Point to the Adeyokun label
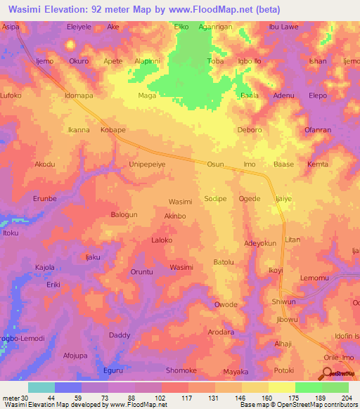tap(260, 243)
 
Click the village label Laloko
tap(162, 240)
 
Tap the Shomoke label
tap(181, 370)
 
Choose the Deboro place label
tap(250, 130)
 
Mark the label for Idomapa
tap(79, 95)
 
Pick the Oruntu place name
tap(146, 272)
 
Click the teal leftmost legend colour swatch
tap(41, 387)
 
